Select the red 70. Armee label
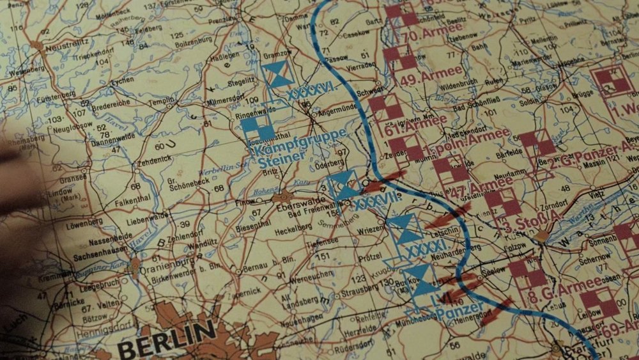433,29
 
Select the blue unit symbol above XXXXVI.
279,74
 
